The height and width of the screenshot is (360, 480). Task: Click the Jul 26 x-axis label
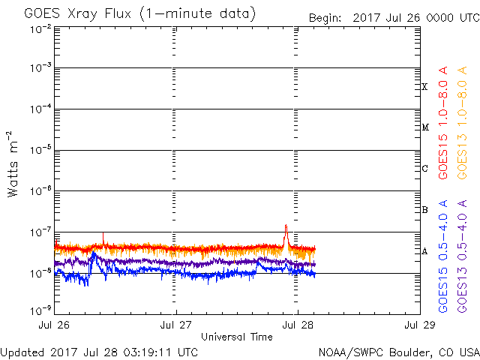point(55,324)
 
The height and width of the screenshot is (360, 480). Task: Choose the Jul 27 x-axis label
point(176,324)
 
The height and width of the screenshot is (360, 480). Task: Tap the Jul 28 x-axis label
point(298,324)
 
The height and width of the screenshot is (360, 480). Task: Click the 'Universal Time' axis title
point(236,337)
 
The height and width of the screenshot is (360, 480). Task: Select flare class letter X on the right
point(425,87)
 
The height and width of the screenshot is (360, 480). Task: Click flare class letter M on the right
point(425,127)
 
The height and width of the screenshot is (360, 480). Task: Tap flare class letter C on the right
point(425,169)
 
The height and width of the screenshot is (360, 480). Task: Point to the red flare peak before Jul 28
point(286,226)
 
